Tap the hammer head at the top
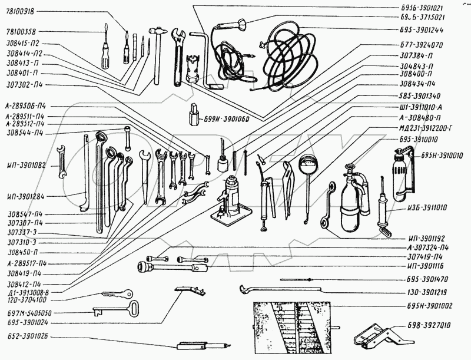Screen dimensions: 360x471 [x=158, y=29]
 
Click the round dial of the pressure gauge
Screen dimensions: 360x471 [x=309, y=164]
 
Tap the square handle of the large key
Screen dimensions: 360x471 [x=134, y=308]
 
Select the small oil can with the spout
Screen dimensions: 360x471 [x=223, y=162]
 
